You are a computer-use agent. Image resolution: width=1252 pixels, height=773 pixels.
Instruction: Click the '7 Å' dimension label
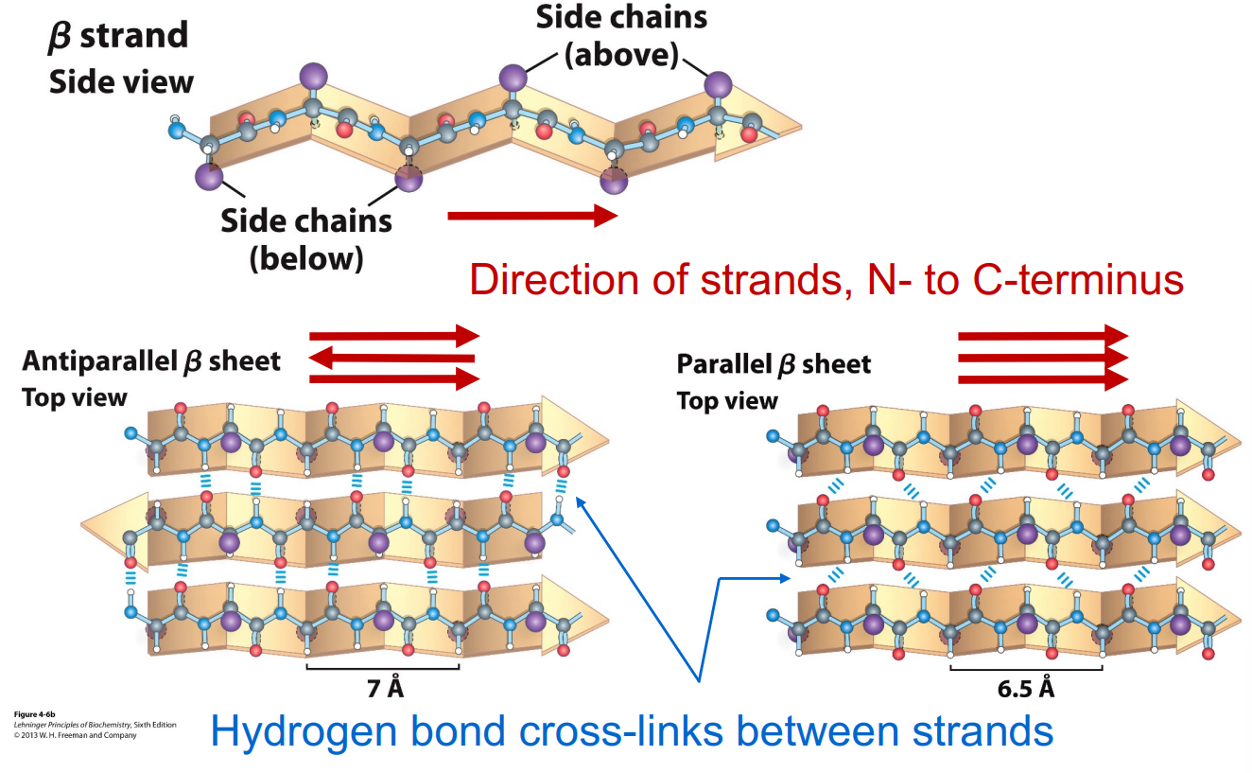(x=384, y=688)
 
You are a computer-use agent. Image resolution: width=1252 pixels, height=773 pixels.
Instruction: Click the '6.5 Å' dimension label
(x=1026, y=688)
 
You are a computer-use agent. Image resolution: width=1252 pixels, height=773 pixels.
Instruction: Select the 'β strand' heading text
(x=118, y=36)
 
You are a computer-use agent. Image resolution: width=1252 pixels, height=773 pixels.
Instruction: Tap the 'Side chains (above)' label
(x=620, y=36)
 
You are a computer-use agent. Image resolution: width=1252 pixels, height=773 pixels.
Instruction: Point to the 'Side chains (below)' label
(x=306, y=238)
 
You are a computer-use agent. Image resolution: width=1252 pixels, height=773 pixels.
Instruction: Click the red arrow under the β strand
(x=532, y=217)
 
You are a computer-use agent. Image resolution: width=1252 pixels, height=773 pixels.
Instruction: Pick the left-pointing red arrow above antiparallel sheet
(x=392, y=358)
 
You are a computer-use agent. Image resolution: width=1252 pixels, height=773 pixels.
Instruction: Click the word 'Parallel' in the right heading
(x=724, y=364)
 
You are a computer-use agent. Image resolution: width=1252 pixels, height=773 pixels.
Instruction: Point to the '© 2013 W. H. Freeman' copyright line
(x=76, y=735)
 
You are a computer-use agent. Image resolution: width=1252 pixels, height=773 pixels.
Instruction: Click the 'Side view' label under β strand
(x=121, y=82)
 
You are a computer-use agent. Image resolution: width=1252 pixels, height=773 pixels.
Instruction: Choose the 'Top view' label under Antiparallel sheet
(x=74, y=396)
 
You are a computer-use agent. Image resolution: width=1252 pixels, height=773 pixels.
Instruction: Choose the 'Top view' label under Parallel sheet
(x=727, y=400)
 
